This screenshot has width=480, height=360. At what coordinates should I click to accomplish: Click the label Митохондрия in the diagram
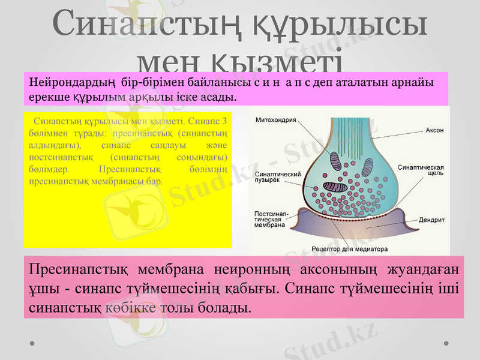tap(276, 120)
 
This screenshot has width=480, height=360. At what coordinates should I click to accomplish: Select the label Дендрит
tap(431, 220)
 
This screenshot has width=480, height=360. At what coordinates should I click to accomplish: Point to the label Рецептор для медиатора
tap(350, 248)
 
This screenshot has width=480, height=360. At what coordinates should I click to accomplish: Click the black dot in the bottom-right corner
tap(447, 343)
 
